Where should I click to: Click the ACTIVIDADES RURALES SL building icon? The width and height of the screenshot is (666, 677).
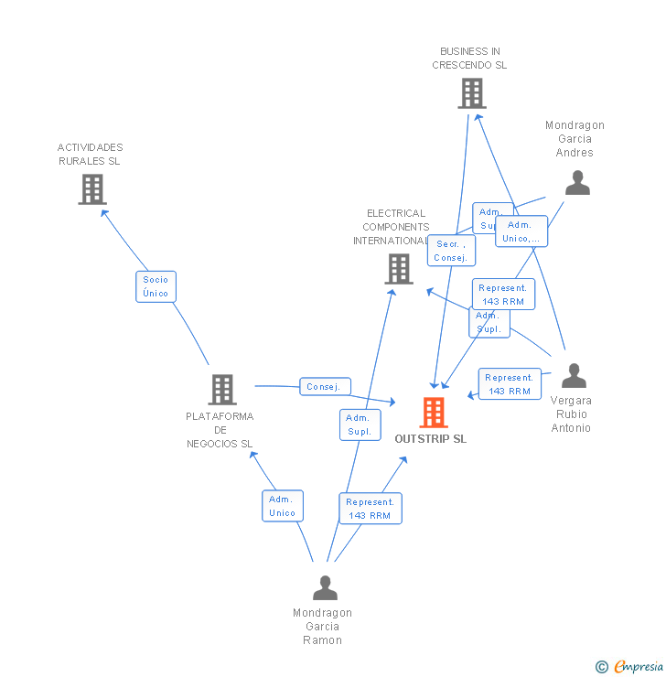[92, 189]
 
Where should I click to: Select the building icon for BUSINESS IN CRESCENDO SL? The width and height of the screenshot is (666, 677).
[471, 93]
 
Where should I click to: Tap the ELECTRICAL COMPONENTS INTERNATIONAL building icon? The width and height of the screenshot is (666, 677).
[398, 269]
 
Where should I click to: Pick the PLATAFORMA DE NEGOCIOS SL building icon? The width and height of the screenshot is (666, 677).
[221, 390]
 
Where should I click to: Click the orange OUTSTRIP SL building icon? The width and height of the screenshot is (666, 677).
[433, 413]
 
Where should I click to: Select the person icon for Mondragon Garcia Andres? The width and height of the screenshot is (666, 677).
[577, 183]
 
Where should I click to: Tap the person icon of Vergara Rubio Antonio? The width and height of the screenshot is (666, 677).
[574, 375]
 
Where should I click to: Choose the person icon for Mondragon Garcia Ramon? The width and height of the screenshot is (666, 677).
[325, 587]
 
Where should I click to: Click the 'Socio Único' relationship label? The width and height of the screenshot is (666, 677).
[156, 286]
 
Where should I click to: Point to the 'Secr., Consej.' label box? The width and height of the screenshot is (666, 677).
[451, 251]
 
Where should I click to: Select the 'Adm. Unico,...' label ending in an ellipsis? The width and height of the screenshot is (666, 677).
[521, 231]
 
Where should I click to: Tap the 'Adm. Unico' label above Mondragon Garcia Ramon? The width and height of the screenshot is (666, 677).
[282, 506]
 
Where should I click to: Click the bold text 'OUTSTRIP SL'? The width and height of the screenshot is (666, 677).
[430, 439]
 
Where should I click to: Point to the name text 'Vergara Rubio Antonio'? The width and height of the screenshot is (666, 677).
[571, 414]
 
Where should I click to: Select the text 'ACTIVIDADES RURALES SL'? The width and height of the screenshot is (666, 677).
[90, 154]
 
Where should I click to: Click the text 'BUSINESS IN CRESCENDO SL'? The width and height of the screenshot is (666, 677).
[469, 59]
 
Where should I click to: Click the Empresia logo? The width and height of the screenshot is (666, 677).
[638, 667]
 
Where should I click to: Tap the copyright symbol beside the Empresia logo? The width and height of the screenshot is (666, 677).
[601, 667]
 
